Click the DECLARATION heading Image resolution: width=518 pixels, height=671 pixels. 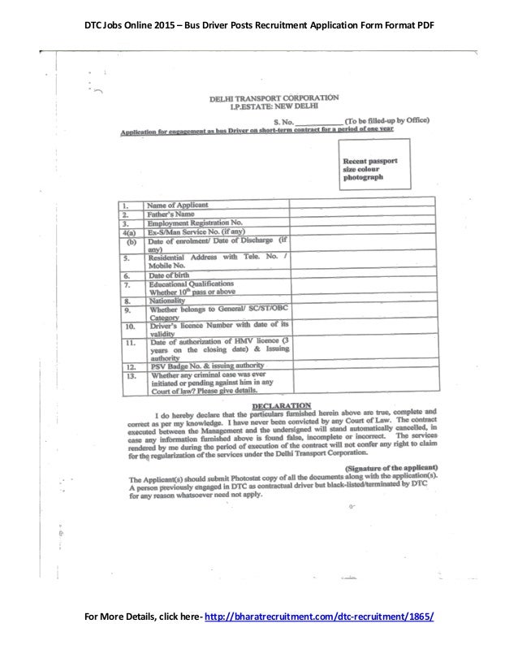point(281,403)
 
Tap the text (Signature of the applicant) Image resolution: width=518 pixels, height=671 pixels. point(393,468)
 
